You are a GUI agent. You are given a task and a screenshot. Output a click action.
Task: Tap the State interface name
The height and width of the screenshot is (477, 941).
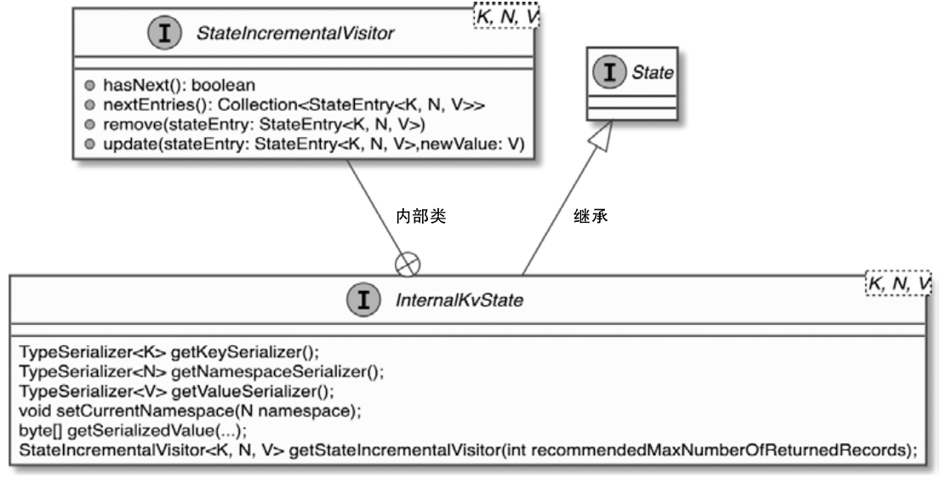(653, 73)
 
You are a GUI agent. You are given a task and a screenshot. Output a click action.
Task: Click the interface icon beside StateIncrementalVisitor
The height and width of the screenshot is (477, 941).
(163, 34)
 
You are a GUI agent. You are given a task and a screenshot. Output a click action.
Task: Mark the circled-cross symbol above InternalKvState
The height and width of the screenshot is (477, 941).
(408, 264)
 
